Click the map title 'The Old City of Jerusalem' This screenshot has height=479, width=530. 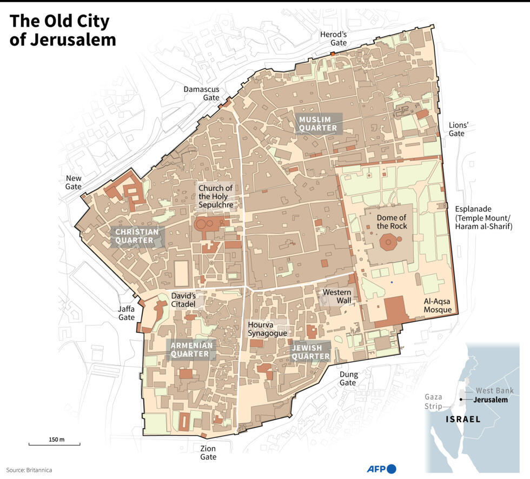tap(63, 30)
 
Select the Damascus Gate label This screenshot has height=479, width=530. tap(201, 93)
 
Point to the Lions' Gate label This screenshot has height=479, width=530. tap(458, 129)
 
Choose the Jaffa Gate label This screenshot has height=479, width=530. tap(127, 313)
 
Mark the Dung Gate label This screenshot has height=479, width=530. tap(348, 378)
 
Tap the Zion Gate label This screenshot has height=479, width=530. tap(208, 453)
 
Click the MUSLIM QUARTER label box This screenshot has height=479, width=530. tap(319, 123)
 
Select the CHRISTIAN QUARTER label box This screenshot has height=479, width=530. tap(137, 236)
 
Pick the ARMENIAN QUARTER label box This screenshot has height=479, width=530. tap(190, 349)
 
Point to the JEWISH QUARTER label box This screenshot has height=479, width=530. tap(311, 352)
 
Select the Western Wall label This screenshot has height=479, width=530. tap(336, 296)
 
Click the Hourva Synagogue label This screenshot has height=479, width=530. tap(267, 329)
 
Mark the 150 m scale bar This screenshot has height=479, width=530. tap(54, 444)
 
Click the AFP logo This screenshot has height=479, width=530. tap(381, 469)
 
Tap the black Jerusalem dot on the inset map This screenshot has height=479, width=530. tap(460, 400)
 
